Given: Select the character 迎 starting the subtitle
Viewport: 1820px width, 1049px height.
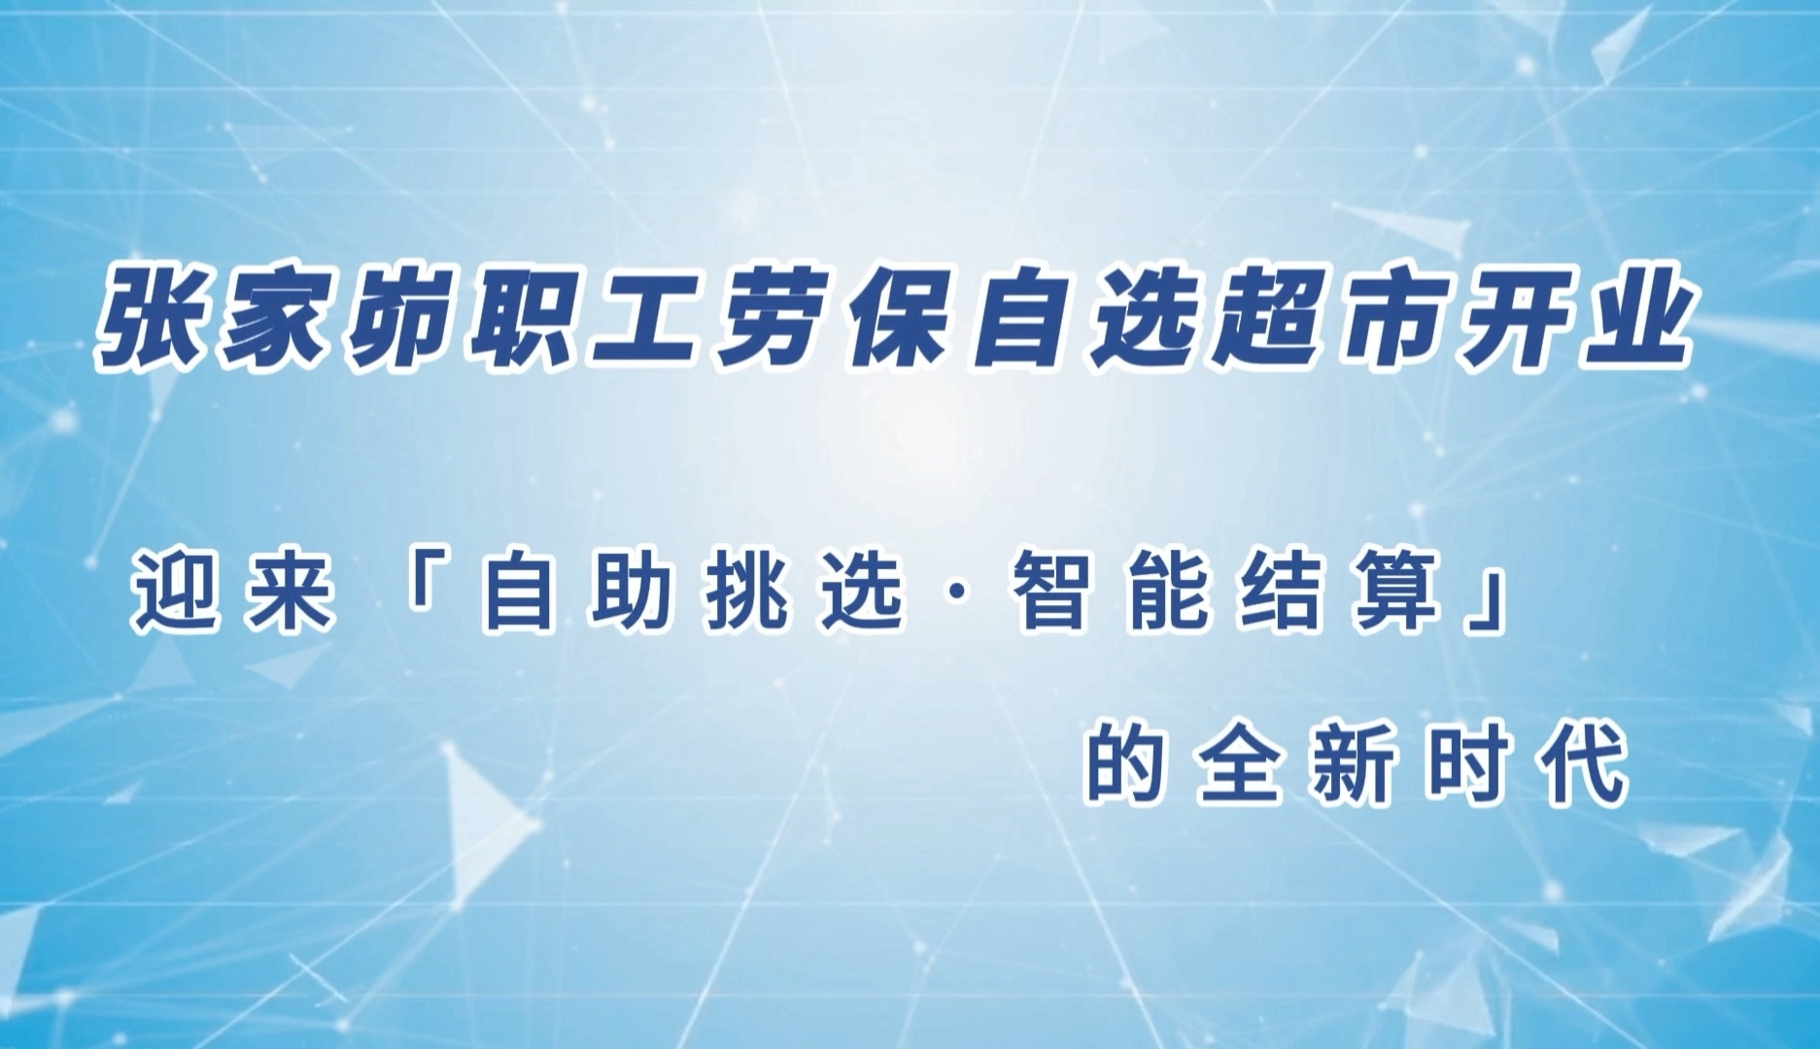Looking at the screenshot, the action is (x=174, y=592).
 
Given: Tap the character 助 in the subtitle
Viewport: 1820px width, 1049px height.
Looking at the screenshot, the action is (x=633, y=592).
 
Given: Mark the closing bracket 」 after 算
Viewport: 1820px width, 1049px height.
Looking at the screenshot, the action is (x=1484, y=604).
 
